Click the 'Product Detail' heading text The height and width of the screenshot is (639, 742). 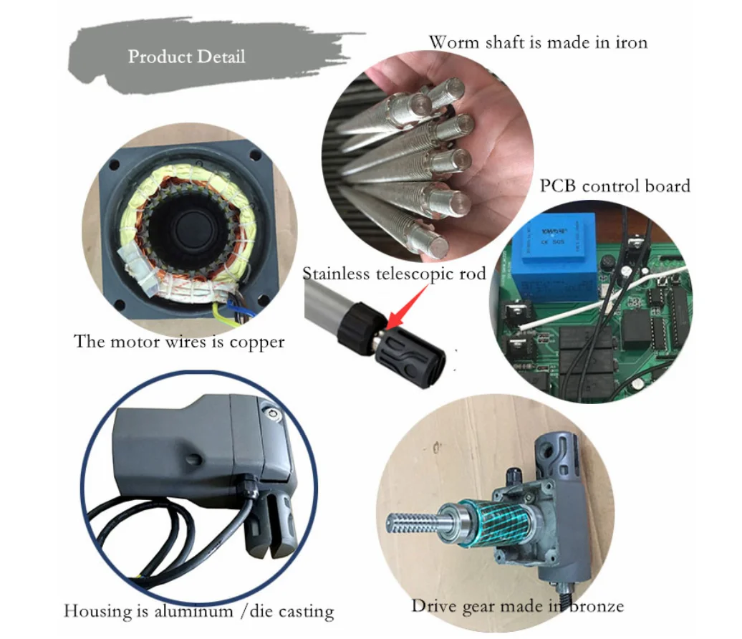186,57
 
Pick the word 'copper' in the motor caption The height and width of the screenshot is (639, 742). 256,342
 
